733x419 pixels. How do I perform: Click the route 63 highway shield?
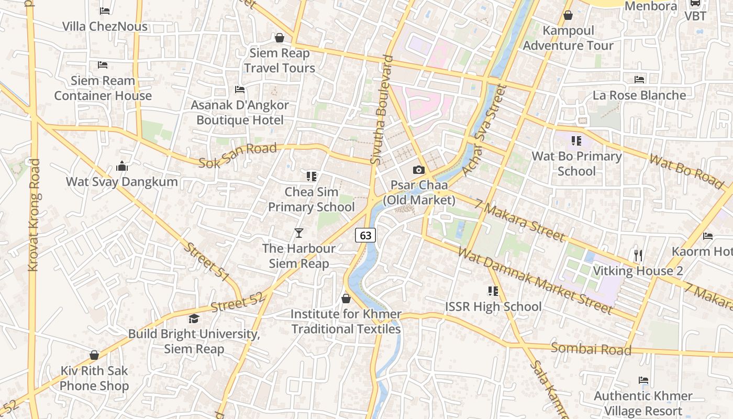tap(365, 235)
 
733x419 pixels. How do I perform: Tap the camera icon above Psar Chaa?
tap(418, 170)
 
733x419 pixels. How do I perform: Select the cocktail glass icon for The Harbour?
tap(299, 233)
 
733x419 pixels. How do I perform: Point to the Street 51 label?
tap(206, 261)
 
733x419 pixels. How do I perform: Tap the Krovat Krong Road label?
tap(34, 215)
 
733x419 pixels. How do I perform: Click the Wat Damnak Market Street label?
tap(535, 281)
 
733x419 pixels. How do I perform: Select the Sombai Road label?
tap(591, 349)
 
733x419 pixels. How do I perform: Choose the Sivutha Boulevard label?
tap(382, 110)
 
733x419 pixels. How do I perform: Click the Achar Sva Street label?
tap(485, 131)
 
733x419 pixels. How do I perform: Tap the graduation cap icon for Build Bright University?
tap(194, 318)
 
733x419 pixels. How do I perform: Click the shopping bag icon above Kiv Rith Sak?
tap(94, 355)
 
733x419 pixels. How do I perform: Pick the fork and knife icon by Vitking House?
tap(638, 256)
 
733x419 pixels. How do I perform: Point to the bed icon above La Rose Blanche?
tap(639, 80)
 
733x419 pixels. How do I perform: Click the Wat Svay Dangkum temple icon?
tap(122, 167)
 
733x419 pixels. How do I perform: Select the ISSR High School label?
tap(493, 306)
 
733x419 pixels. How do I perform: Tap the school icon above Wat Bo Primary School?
tap(576, 140)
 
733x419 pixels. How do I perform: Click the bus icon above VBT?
tap(695, 3)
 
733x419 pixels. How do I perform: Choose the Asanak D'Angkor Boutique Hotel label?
tap(240, 113)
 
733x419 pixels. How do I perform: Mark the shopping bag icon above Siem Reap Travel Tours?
tap(280, 38)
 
